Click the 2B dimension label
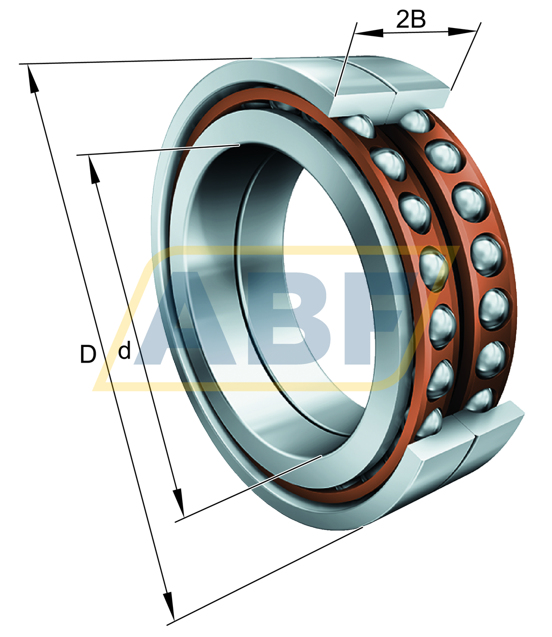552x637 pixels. click(411, 20)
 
